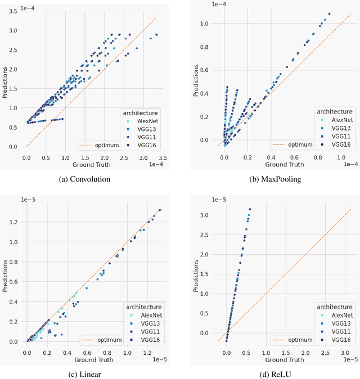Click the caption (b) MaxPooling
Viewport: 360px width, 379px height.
(x=276, y=179)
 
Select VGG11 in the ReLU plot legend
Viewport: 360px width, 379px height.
(x=337, y=332)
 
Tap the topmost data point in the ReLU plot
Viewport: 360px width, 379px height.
(x=250, y=209)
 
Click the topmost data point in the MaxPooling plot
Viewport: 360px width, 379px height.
(x=329, y=14)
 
